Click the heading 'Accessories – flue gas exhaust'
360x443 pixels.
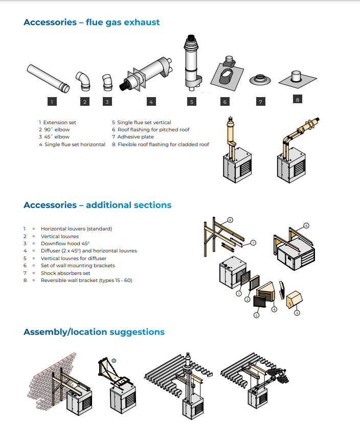[x=92, y=22]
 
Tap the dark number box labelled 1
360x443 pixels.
[x=52, y=102]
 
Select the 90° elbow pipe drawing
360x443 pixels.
[x=83, y=81]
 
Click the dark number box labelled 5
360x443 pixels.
[x=192, y=102]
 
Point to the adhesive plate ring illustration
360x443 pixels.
[x=260, y=80]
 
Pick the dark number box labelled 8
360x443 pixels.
[x=298, y=99]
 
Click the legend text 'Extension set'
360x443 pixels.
[x=60, y=122]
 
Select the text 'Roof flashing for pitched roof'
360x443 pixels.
[x=153, y=129]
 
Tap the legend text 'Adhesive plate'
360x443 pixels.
[x=136, y=137]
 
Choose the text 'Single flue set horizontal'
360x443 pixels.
[x=75, y=145]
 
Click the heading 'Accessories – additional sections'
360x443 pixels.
[x=98, y=205]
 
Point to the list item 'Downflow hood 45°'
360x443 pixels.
[x=65, y=244]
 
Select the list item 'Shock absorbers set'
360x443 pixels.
[x=65, y=273]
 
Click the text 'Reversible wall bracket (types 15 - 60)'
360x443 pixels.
[x=86, y=281]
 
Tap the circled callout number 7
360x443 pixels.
[x=254, y=243]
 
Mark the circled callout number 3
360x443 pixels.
[x=297, y=313]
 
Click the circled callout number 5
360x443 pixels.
[x=257, y=315]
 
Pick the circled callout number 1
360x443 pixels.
[x=239, y=293]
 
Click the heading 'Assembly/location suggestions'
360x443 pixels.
[x=94, y=332]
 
